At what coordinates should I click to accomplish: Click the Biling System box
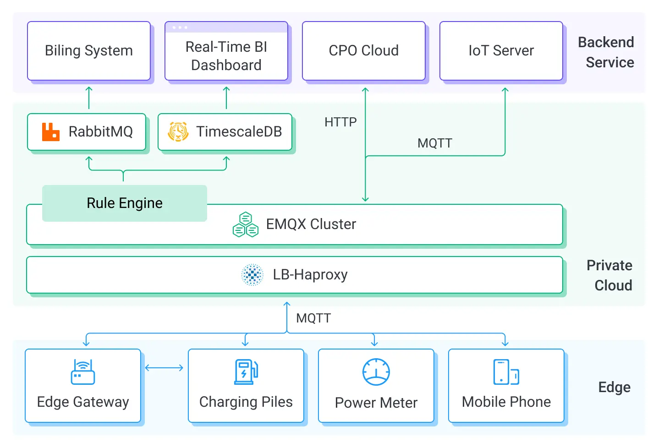pos(89,51)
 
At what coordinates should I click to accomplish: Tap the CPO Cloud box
pos(364,51)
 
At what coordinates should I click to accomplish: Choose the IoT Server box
pos(501,51)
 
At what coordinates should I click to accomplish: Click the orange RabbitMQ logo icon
pos(51,132)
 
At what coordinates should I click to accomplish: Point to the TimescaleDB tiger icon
pos(178,132)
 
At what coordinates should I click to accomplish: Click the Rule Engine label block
pos(125,203)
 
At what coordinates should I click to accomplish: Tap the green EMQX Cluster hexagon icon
pos(246,224)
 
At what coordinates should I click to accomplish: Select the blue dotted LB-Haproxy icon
pos(252,275)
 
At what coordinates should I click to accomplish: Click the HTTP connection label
pos(340,122)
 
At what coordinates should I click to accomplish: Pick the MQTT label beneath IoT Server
pos(434,143)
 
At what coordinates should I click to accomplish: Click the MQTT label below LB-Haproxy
pos(313,318)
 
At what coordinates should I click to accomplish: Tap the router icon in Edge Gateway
pos(83,372)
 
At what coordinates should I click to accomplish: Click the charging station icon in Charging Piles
pos(246,372)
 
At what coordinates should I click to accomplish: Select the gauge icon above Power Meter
pos(376,372)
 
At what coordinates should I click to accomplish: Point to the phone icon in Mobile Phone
pos(506,372)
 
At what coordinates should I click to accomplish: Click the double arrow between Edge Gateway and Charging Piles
pos(164,368)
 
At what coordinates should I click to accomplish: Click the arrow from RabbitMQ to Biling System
pos(89,98)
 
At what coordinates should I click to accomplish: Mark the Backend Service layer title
pos(606,52)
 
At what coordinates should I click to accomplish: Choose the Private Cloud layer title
pos(610,275)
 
